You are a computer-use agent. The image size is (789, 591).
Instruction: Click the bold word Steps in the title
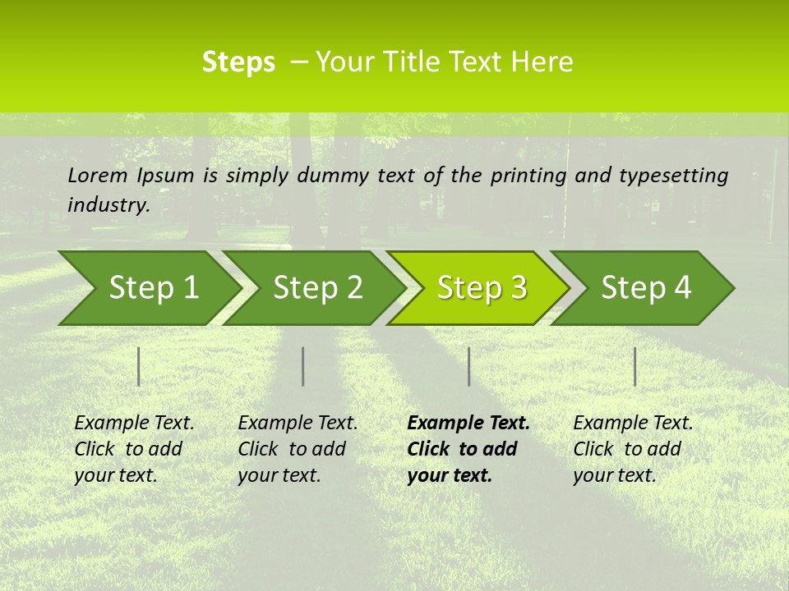(238, 62)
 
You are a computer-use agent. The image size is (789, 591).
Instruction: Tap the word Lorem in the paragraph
(98, 175)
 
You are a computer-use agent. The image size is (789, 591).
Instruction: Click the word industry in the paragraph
(108, 205)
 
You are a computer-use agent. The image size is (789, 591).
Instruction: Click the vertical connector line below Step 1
(138, 366)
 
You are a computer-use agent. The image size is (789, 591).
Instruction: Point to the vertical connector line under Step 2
(303, 366)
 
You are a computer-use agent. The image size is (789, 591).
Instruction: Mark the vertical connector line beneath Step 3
(468, 366)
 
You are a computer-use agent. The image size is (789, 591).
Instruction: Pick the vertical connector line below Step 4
(634, 366)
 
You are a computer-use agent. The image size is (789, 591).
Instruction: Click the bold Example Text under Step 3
(468, 424)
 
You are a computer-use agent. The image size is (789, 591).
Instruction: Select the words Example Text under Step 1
(134, 424)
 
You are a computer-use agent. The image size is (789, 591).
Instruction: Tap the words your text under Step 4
(614, 476)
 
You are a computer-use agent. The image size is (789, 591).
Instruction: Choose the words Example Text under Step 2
(298, 424)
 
